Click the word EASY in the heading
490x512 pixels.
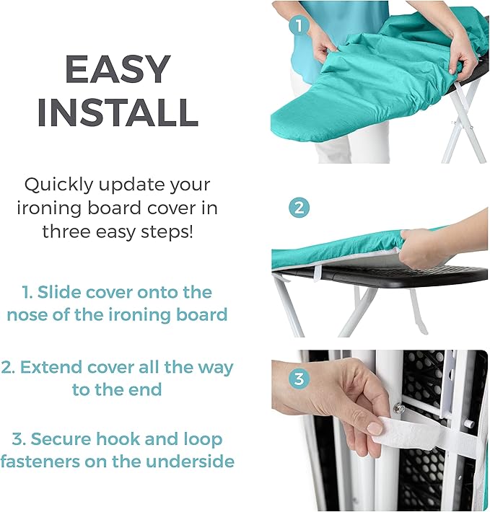[118, 69]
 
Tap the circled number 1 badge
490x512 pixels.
[299, 26]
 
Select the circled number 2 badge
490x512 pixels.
[299, 208]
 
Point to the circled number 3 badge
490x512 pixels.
[299, 379]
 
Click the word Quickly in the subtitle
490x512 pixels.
[58, 185]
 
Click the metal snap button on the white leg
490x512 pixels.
[399, 408]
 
